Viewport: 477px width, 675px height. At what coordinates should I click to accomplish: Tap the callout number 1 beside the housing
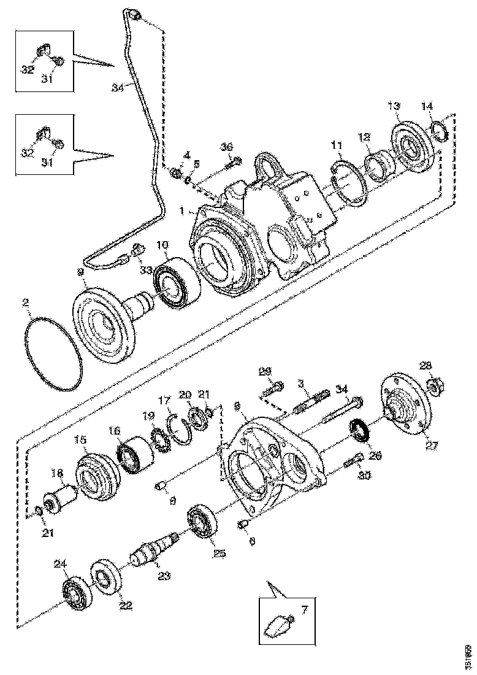tap(183, 210)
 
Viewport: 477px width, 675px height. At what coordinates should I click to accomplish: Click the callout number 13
tap(393, 106)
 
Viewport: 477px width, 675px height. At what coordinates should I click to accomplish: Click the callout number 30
tap(365, 475)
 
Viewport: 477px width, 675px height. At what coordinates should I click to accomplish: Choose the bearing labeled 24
tap(77, 593)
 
